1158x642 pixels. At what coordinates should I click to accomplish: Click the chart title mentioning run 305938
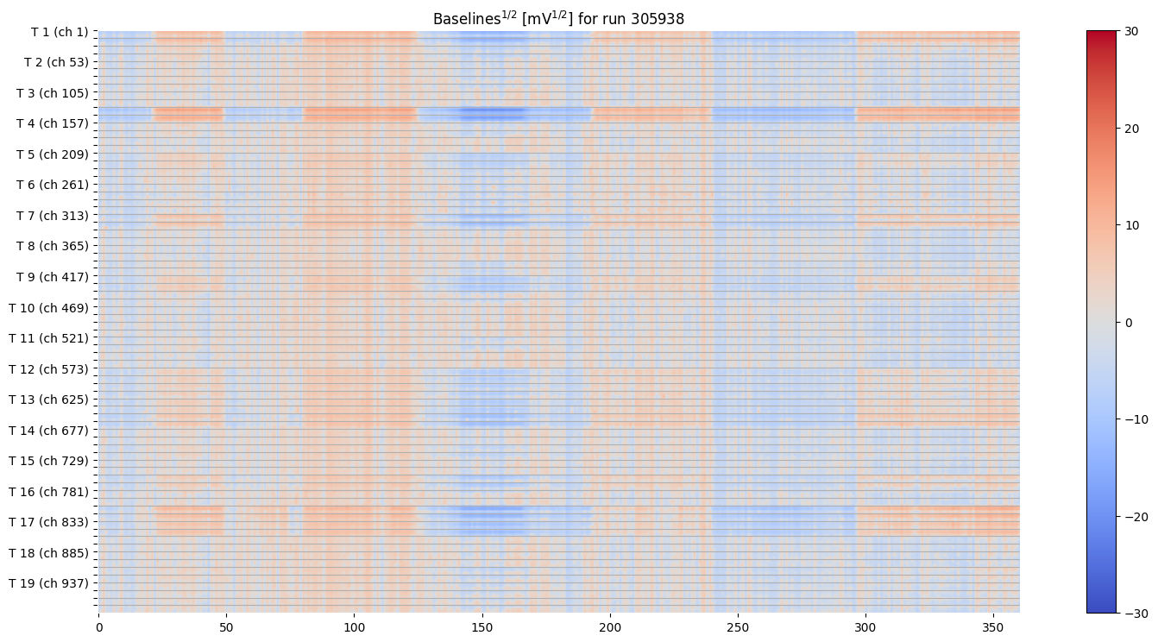(558, 18)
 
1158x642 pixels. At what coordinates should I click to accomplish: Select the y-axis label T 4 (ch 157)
(53, 123)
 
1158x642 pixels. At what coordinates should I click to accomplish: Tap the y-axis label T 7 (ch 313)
(53, 215)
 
